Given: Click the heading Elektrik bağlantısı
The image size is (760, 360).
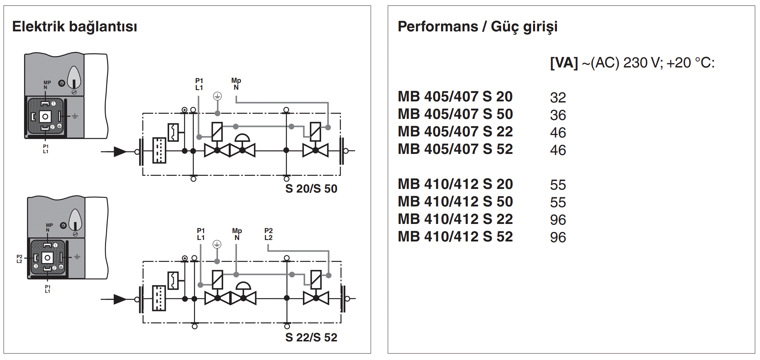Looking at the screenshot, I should tap(74, 27).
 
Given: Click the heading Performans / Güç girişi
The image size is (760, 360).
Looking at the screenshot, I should tap(477, 27).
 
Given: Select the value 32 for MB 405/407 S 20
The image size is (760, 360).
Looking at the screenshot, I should tap(558, 97).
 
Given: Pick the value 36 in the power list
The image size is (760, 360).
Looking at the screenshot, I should tap(558, 115).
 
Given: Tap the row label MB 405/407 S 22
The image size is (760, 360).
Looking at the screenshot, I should tap(455, 132).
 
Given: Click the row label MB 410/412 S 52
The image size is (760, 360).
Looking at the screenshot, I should tap(455, 237).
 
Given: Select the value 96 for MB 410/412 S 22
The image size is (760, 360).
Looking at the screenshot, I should tap(558, 220).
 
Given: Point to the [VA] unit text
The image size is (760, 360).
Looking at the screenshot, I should tap(564, 63).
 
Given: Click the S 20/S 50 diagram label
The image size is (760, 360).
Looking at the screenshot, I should tap(311, 189).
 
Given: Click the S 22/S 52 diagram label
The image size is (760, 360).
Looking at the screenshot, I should tap(311, 337).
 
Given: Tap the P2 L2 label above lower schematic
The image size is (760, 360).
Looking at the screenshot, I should tap(268, 234).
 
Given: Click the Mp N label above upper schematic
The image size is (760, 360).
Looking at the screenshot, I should tap(236, 84).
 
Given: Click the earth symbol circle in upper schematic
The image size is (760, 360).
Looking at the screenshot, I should tap(217, 96).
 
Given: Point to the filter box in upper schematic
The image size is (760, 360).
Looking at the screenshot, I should tap(159, 150).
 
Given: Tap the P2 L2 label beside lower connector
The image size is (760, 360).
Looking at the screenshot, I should tap(19, 259).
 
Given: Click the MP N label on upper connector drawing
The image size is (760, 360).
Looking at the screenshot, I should tap(47, 85).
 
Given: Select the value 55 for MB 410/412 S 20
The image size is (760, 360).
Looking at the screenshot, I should tap(558, 185).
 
